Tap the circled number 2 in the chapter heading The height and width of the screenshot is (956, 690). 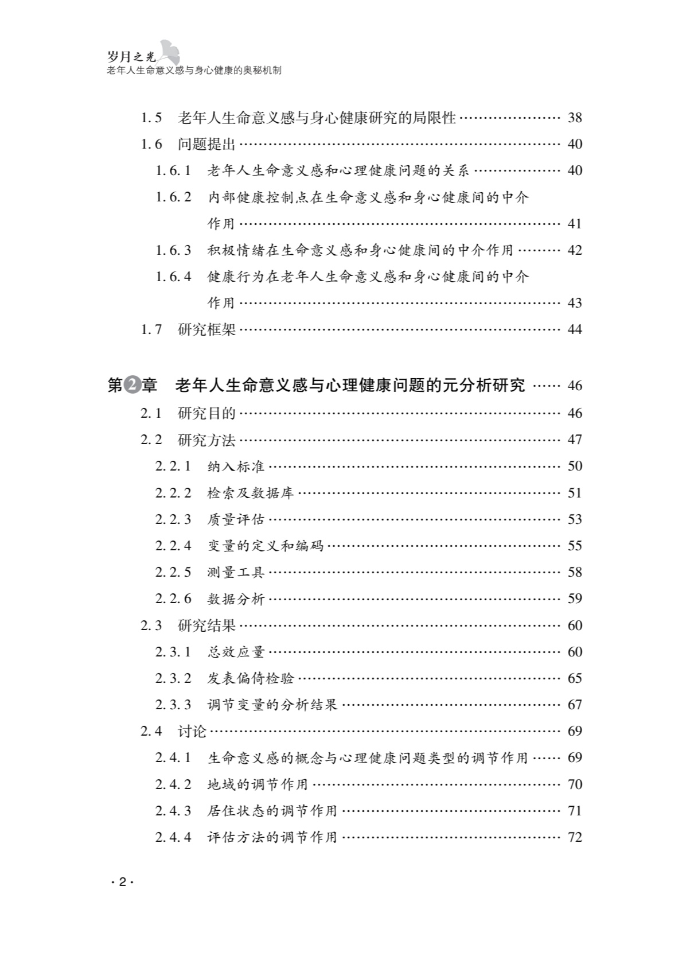pyautogui.click(x=132, y=385)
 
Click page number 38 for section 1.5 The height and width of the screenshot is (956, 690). pyautogui.click(x=575, y=118)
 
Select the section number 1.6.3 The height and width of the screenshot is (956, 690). pyautogui.click(x=173, y=250)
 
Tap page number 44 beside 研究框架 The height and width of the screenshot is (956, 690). pyautogui.click(x=575, y=329)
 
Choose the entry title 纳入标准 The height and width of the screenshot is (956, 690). pyautogui.click(x=236, y=466)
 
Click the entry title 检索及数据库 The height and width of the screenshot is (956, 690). pyautogui.click(x=250, y=493)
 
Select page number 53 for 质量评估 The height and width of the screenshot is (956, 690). pyautogui.click(x=575, y=519)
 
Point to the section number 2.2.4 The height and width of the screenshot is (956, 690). pyautogui.click(x=173, y=546)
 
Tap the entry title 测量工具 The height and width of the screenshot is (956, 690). pyautogui.click(x=236, y=572)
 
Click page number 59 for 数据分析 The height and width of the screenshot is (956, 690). pyautogui.click(x=575, y=599)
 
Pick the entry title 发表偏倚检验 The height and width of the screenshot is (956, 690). pyautogui.click(x=250, y=678)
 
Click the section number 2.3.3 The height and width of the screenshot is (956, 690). pyautogui.click(x=173, y=705)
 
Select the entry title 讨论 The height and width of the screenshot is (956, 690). pyautogui.click(x=192, y=731)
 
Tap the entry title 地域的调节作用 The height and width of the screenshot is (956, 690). pyautogui.click(x=258, y=784)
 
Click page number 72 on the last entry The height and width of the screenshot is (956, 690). pyautogui.click(x=575, y=837)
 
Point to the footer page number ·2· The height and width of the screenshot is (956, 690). pyautogui.click(x=122, y=883)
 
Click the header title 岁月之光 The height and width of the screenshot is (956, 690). pyautogui.click(x=131, y=56)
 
